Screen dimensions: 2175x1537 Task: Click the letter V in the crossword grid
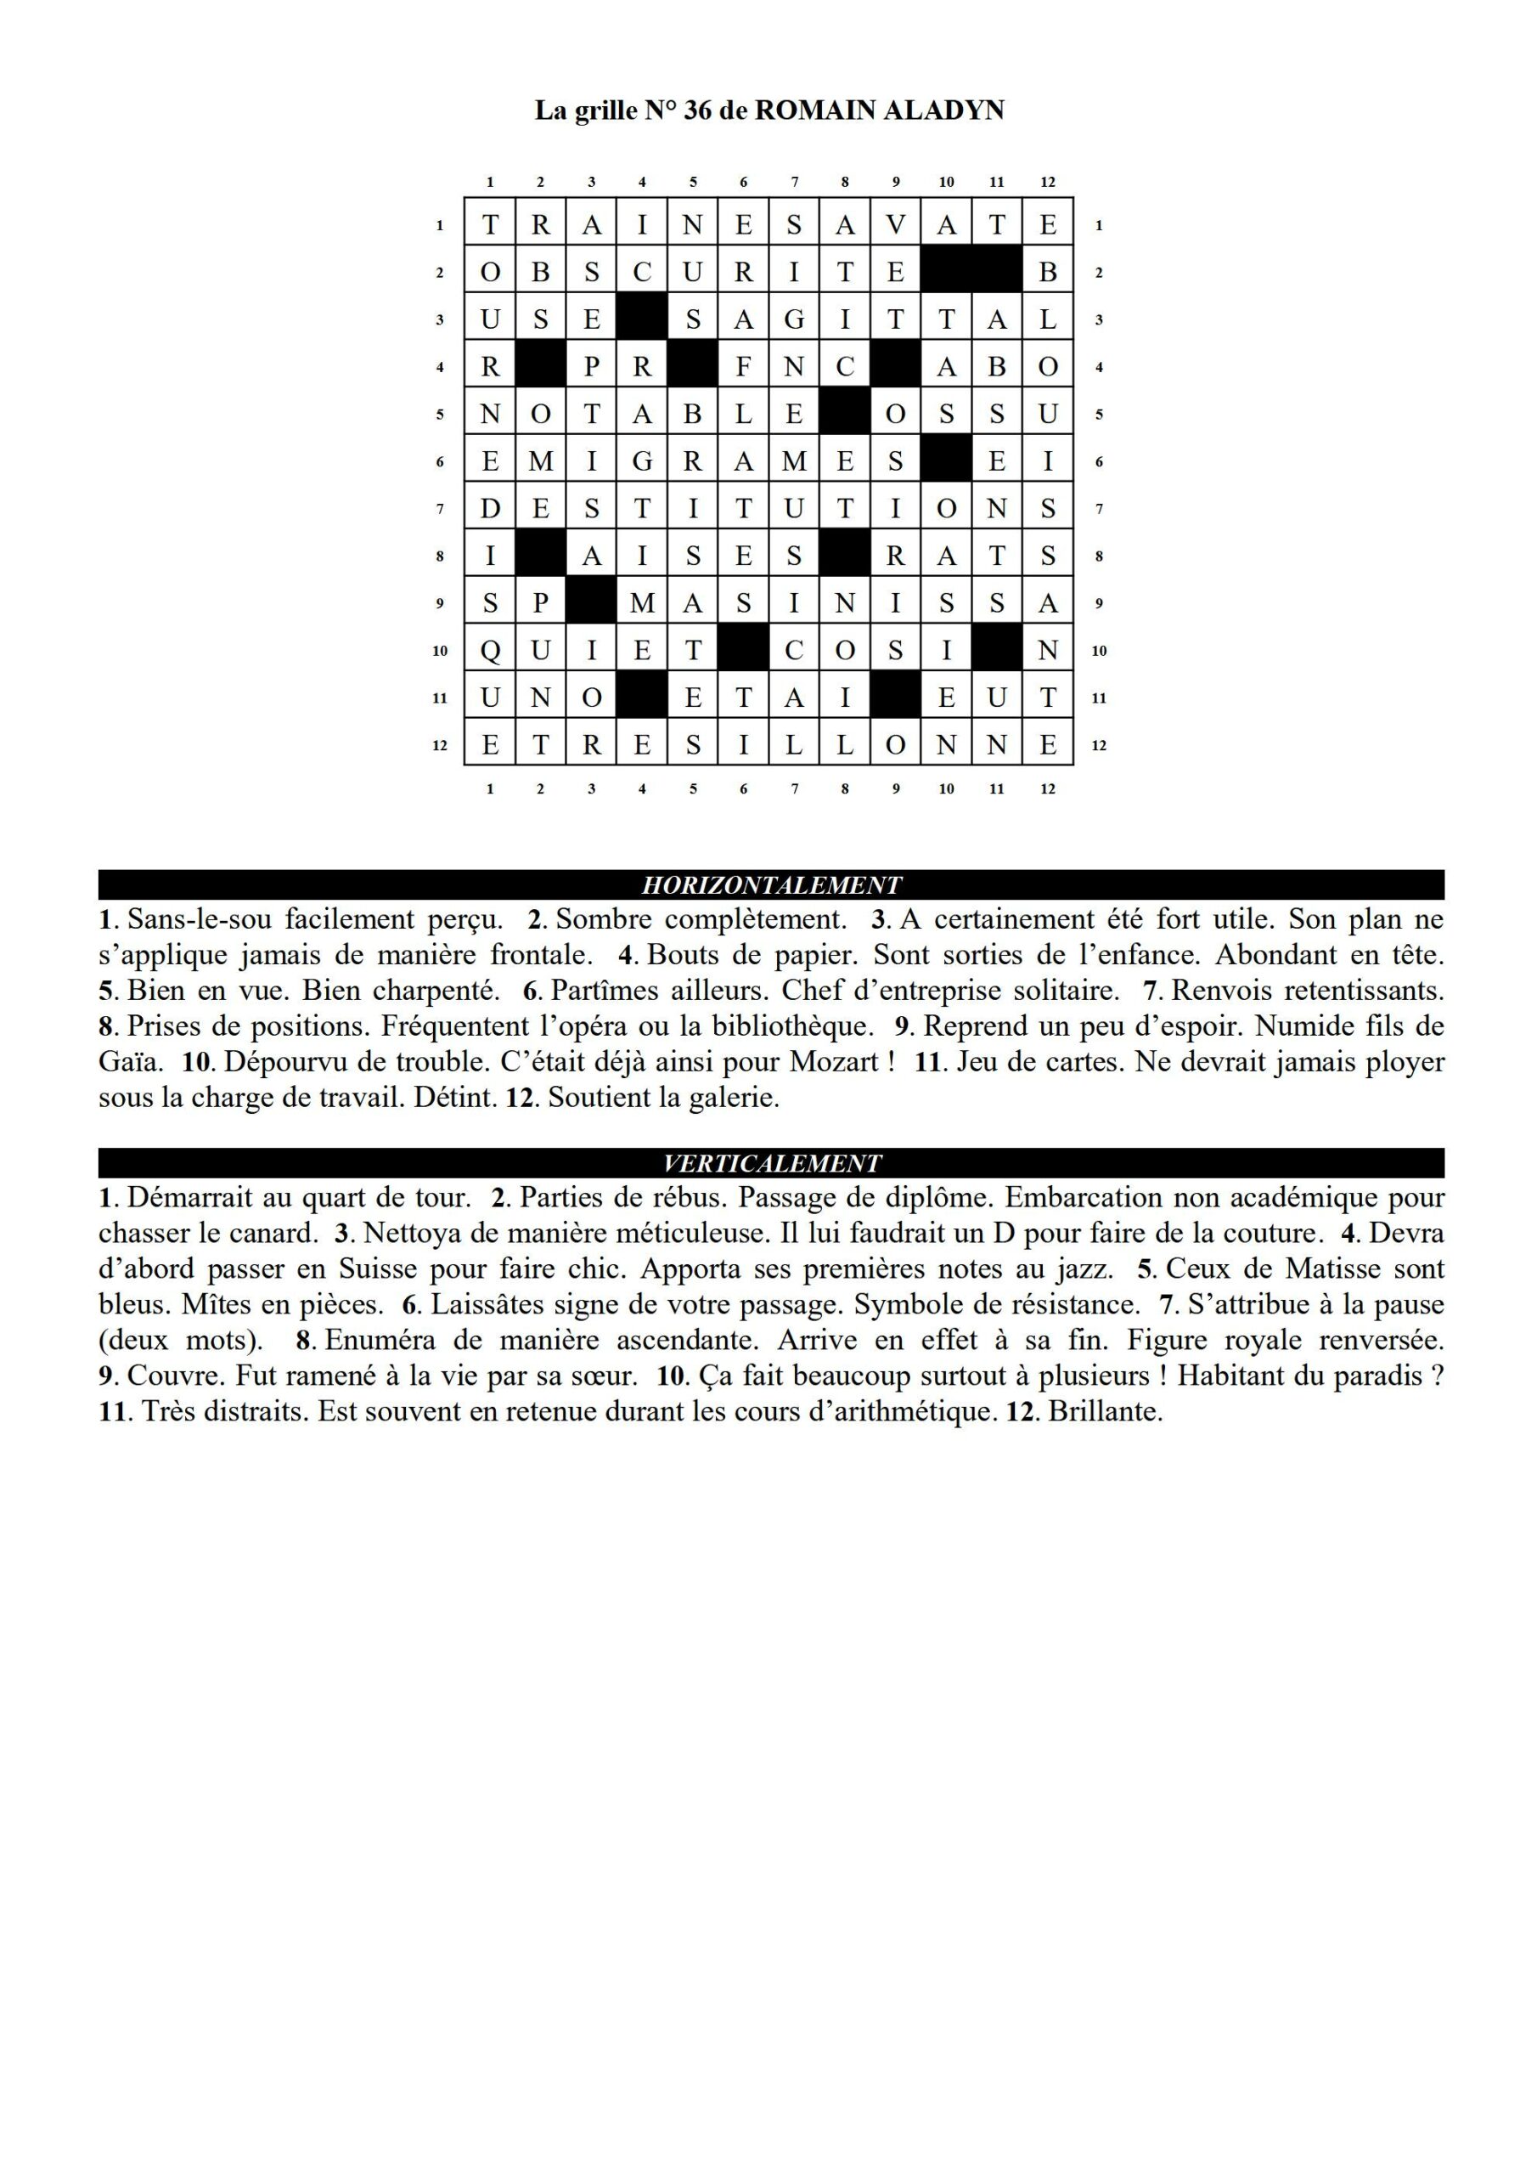tap(896, 224)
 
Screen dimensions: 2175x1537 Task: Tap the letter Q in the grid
tap(490, 651)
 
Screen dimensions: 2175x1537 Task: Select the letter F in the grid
tap(743, 366)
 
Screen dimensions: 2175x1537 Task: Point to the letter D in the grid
tap(490, 509)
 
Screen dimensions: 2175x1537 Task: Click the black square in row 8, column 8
tap(845, 556)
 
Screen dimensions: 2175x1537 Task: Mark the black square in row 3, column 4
tap(642, 319)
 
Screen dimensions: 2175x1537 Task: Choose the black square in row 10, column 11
tap(996, 651)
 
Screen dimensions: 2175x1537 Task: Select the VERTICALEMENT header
tap(771, 1163)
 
